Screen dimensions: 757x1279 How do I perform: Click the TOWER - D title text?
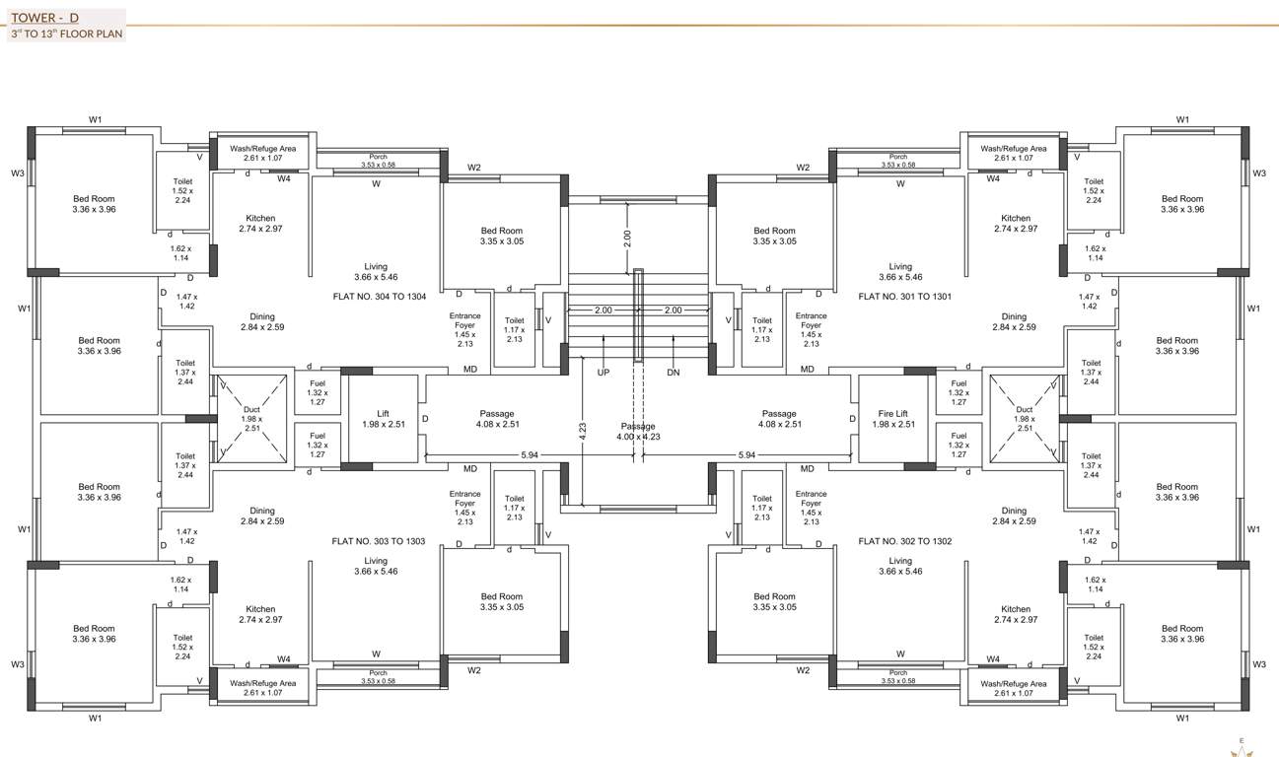pyautogui.click(x=44, y=17)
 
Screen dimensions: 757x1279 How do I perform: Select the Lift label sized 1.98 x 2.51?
pyautogui.click(x=384, y=419)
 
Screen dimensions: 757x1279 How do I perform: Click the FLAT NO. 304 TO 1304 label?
pyautogui.click(x=380, y=296)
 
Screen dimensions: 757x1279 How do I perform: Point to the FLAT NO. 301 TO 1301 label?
pyautogui.click(x=904, y=296)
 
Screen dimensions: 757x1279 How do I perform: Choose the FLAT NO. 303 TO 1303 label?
pyautogui.click(x=379, y=541)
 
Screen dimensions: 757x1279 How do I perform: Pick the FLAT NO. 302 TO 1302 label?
pyautogui.click(x=904, y=541)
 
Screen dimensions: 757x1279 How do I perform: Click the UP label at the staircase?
pyautogui.click(x=604, y=373)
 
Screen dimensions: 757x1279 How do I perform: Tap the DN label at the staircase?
pyautogui.click(x=674, y=373)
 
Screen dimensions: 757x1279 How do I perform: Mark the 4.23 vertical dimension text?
pyautogui.click(x=584, y=429)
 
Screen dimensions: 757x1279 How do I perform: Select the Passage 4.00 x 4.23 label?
pyautogui.click(x=638, y=431)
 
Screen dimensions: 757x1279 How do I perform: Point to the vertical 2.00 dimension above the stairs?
pyautogui.click(x=628, y=238)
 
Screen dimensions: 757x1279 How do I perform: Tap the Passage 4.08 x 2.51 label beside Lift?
pyautogui.click(x=497, y=419)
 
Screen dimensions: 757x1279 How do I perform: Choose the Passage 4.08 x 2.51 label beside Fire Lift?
pyautogui.click(x=779, y=419)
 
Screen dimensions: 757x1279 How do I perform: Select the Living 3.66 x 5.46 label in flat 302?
pyautogui.click(x=900, y=566)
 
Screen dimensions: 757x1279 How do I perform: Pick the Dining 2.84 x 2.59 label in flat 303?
pyautogui.click(x=262, y=516)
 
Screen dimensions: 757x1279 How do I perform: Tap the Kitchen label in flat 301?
pyautogui.click(x=1016, y=223)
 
